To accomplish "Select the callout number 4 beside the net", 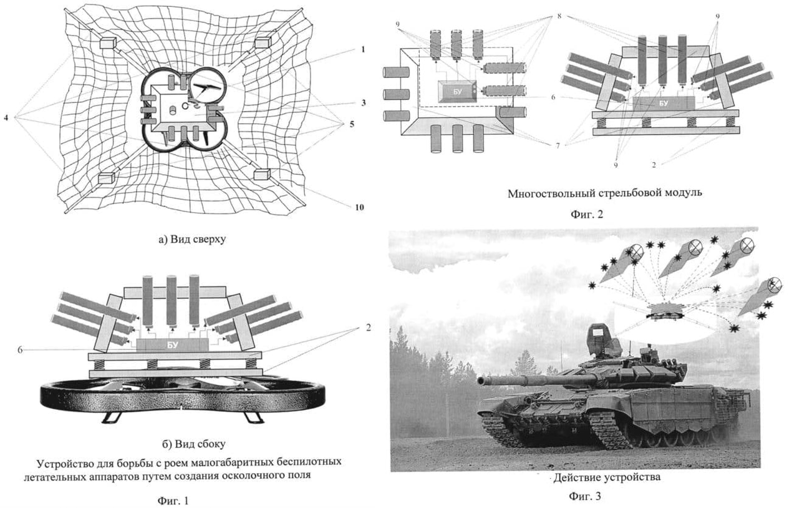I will (7, 117).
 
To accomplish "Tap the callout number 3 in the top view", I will (362, 102).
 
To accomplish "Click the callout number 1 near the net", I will (362, 49).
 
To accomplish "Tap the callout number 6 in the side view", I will (20, 350).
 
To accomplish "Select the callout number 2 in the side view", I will (368, 328).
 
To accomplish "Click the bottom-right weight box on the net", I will (261, 174).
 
